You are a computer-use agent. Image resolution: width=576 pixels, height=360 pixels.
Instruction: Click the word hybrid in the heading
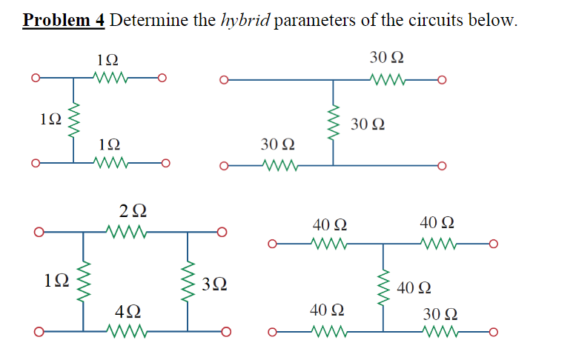[245, 20]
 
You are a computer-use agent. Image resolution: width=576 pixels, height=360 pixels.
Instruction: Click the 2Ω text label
[133, 212]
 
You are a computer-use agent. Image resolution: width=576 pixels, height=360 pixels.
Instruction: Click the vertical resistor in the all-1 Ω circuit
[73, 120]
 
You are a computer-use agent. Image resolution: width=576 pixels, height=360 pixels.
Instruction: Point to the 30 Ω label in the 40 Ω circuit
[441, 312]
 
